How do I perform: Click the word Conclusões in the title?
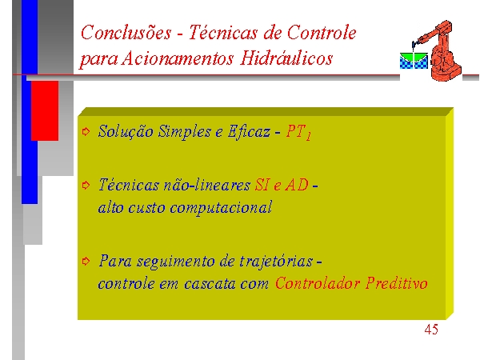[126, 33]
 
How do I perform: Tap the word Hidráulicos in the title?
[286, 58]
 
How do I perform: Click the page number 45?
[431, 330]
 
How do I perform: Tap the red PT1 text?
[298, 132]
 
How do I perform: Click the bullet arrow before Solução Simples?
[86, 132]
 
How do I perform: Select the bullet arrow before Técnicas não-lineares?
[86, 185]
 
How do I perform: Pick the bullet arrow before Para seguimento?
[86, 261]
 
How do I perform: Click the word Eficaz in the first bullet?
[249, 132]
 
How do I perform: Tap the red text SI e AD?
[282, 185]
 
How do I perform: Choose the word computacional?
[221, 208]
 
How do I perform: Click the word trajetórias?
[276, 262]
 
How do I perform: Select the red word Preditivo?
[397, 283]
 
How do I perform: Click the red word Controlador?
[317, 283]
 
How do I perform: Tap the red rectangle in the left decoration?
[45, 111]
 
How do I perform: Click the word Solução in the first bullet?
[126, 132]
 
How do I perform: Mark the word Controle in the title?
[322, 33]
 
